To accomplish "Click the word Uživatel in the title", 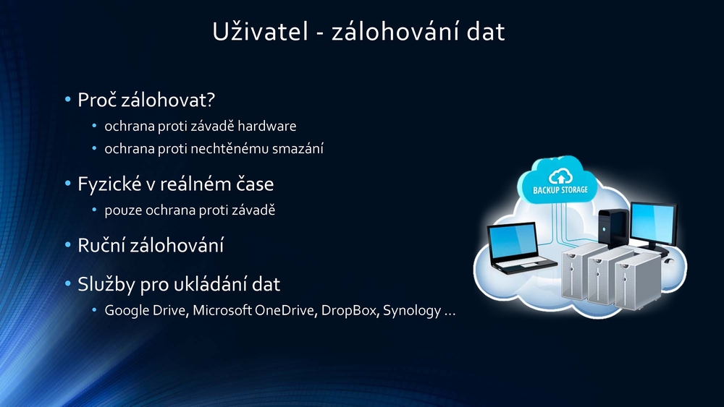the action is click(x=260, y=31).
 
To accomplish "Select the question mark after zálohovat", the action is click(x=211, y=100).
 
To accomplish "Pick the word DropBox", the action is click(x=350, y=310).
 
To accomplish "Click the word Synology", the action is click(x=412, y=311).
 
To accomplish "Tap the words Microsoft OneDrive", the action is click(x=253, y=310).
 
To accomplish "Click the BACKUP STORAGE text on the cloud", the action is click(x=560, y=189).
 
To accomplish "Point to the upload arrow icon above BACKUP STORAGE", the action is click(x=560, y=176).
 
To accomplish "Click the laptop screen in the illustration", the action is click(x=513, y=242).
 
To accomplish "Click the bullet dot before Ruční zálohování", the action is click(x=68, y=245).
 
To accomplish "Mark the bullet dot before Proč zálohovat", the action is click(x=68, y=99).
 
